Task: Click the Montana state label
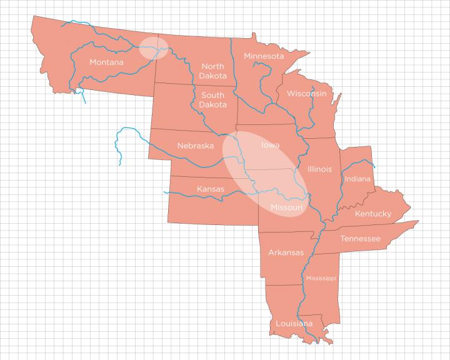(x=106, y=62)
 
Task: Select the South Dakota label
(x=212, y=100)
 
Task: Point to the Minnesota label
(x=264, y=56)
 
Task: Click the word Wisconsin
(x=306, y=94)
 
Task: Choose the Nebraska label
(x=195, y=146)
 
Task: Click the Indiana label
(x=357, y=179)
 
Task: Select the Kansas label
(x=211, y=189)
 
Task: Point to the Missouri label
(x=287, y=207)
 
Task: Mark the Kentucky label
(x=373, y=214)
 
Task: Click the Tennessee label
(x=360, y=238)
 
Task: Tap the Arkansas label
(x=286, y=252)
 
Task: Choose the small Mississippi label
(x=321, y=278)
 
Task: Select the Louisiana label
(x=294, y=323)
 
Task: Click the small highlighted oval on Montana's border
(x=153, y=47)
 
